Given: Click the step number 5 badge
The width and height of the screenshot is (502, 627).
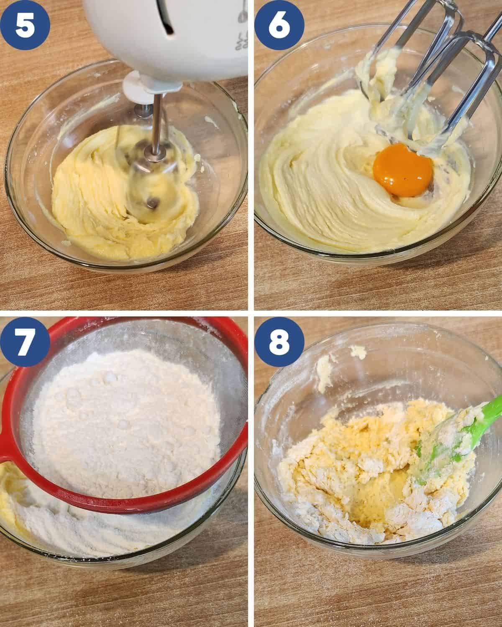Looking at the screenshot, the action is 25,25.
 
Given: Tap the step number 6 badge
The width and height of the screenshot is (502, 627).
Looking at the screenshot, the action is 279,25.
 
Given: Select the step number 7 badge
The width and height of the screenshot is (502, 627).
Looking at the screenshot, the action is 25,342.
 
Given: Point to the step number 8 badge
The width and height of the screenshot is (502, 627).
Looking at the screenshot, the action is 279,342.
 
